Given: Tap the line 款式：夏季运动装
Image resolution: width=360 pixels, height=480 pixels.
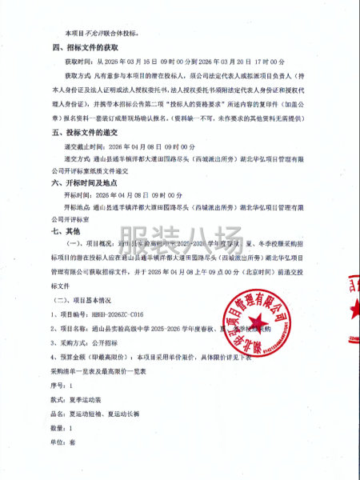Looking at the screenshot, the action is (82, 397).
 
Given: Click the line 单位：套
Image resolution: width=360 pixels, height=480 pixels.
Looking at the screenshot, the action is (65, 442).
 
